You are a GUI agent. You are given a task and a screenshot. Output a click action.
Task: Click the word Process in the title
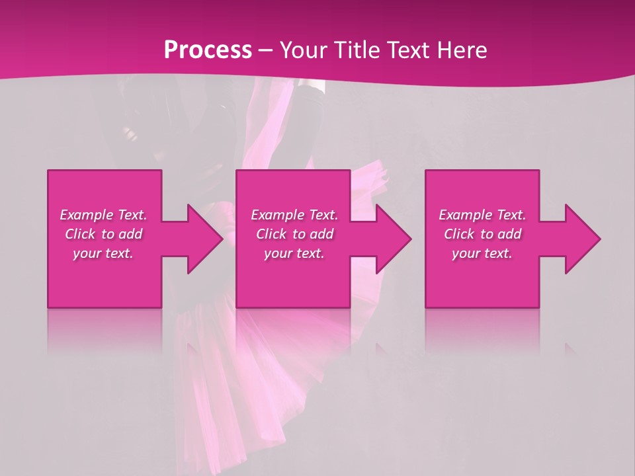(x=208, y=50)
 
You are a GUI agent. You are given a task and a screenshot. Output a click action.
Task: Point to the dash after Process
(x=265, y=51)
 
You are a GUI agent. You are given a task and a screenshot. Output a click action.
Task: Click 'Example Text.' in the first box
(x=103, y=215)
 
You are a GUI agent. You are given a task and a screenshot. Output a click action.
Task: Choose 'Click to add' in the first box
(x=103, y=234)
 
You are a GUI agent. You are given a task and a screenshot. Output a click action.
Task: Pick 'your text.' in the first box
(x=103, y=253)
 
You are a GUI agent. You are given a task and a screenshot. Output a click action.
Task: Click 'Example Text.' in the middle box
(x=294, y=215)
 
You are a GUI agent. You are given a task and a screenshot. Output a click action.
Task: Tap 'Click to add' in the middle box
(x=294, y=234)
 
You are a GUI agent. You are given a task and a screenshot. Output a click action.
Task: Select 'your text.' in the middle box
(x=294, y=253)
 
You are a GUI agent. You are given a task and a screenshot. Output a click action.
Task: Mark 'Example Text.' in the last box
(x=482, y=215)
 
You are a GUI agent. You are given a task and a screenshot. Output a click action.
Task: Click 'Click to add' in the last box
(x=482, y=234)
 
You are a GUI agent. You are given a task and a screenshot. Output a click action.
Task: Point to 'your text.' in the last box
(x=482, y=253)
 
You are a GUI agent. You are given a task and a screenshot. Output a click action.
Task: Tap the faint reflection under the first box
(x=105, y=331)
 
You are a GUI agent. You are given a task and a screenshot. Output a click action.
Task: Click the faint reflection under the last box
(x=482, y=331)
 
